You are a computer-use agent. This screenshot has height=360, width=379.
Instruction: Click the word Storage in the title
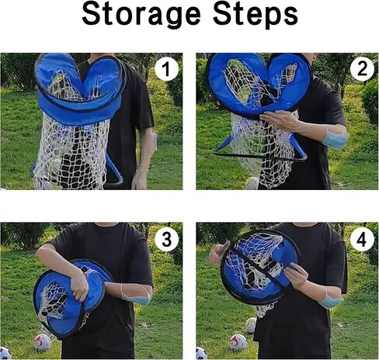coord(141,15)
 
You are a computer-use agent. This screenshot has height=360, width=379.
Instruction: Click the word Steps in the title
coord(255,15)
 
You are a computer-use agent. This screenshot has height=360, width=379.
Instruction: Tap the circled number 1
coord(166,69)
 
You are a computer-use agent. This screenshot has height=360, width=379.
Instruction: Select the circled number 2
coord(362,69)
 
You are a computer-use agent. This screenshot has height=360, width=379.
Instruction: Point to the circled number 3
coord(166,240)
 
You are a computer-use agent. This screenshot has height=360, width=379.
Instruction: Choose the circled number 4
coord(362,240)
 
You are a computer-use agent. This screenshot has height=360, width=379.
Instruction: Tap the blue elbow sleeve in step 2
coord(335,137)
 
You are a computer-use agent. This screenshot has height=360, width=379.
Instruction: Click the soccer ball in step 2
coord(252,183)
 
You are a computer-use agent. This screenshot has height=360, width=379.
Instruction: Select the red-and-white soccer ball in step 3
coord(42,342)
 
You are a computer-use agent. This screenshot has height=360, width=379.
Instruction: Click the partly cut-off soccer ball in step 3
coord(5,353)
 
